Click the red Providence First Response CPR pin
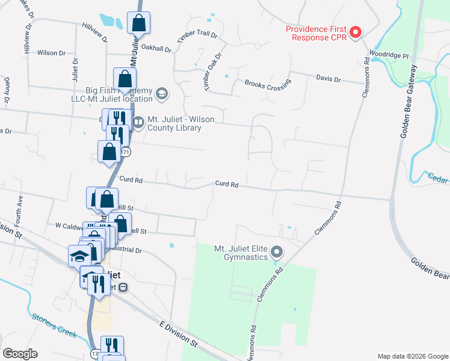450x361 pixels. click(x=355, y=32)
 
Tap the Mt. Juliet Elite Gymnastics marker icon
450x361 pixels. click(x=276, y=251)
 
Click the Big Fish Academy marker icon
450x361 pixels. click(x=161, y=93)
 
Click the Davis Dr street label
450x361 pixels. click(x=328, y=79)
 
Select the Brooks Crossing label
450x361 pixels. click(x=267, y=85)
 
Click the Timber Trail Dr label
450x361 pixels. click(x=197, y=35)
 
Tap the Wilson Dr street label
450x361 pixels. click(x=51, y=53)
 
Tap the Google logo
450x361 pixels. click(x=20, y=353)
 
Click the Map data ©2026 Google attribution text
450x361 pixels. click(x=412, y=356)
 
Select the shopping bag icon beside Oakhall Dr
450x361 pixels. click(x=138, y=23)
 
